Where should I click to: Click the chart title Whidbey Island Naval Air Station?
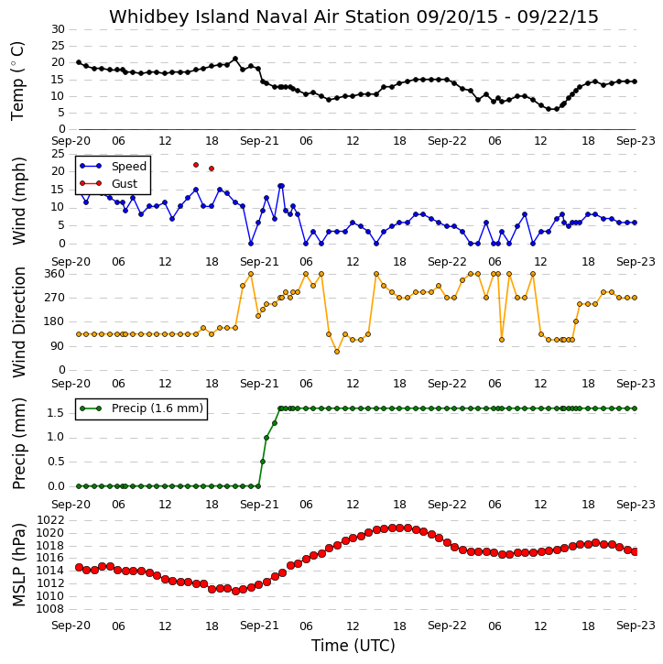(259, 16)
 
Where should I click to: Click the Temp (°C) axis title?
(17, 82)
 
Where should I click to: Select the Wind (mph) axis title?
(19, 201)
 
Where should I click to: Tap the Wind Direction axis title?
(19, 322)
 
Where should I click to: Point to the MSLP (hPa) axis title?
(19, 564)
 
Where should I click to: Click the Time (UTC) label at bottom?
(353, 646)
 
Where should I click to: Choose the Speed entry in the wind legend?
(129, 167)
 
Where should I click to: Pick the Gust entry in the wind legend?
(125, 184)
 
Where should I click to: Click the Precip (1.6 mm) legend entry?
(158, 408)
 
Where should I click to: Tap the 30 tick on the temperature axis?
(58, 29)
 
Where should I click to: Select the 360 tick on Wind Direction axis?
(55, 274)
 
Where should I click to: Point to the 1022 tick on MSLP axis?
(50, 520)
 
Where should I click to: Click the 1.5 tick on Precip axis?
(56, 413)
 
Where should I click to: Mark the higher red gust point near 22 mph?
(196, 165)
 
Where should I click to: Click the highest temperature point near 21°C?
(235, 59)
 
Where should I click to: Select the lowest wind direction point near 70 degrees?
(337, 352)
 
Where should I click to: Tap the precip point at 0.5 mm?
(263, 462)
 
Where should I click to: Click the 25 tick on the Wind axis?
(58, 154)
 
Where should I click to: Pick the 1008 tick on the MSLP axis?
(50, 609)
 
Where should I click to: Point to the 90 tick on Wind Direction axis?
(58, 346)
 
